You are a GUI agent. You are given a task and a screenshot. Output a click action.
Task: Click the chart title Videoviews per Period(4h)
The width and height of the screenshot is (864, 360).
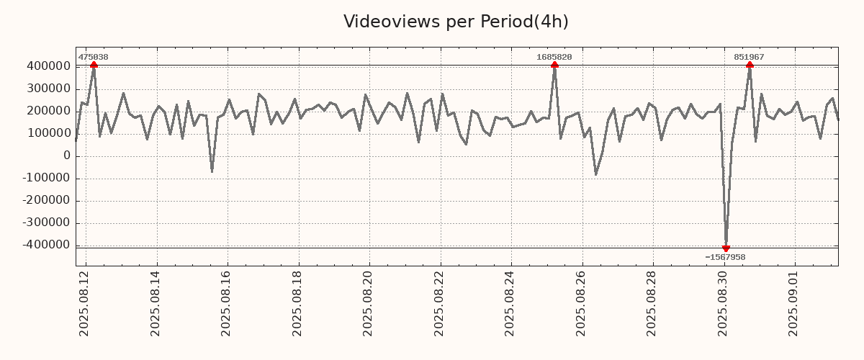(x=456, y=22)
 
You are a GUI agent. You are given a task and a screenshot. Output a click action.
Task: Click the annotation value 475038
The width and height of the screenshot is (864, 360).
(x=93, y=57)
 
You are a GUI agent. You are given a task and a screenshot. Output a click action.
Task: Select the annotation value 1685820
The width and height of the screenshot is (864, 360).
(x=554, y=57)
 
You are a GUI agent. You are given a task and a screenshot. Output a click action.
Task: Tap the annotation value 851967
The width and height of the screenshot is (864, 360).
(x=749, y=57)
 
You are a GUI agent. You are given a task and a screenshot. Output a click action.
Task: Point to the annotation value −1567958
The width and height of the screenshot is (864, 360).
(x=725, y=257)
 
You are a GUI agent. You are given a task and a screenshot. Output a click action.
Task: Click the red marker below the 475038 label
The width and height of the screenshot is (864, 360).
(x=94, y=66)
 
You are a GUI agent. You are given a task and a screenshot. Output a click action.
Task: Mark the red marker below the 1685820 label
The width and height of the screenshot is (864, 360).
(x=554, y=66)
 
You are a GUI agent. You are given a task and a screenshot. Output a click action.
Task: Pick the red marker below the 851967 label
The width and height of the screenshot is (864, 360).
(x=750, y=66)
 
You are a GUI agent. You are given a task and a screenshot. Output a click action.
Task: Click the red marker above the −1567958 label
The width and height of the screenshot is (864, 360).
(x=726, y=248)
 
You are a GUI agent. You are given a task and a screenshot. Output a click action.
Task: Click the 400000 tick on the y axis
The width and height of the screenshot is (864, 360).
(x=48, y=66)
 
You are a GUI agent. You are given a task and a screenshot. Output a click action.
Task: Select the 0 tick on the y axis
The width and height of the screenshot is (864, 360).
(x=67, y=156)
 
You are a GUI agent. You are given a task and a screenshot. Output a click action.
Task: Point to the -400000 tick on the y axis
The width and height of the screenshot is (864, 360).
(x=45, y=246)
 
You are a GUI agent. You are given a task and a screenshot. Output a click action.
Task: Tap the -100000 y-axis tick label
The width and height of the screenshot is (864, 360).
(x=45, y=179)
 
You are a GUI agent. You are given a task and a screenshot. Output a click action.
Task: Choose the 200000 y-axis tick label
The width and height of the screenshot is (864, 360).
(x=48, y=111)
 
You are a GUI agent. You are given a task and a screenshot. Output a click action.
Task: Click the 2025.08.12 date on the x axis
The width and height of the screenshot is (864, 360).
(x=85, y=303)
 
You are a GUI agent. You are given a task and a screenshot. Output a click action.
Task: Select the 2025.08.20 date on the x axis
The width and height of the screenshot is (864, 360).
(x=369, y=303)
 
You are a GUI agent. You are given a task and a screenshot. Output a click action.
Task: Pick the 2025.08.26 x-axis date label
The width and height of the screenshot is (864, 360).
(x=582, y=303)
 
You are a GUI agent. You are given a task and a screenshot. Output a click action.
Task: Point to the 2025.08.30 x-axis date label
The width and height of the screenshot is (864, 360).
(x=724, y=303)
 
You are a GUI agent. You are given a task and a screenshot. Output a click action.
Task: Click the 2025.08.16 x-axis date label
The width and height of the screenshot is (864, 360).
(x=228, y=303)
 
